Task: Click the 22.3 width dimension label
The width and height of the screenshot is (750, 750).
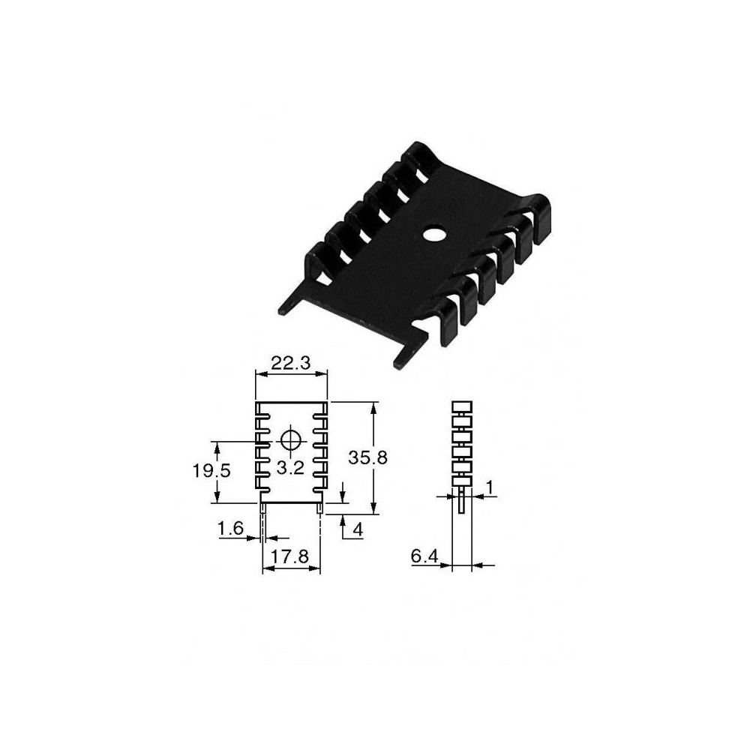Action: tap(291, 364)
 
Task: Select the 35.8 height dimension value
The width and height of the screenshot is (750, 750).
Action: tap(367, 457)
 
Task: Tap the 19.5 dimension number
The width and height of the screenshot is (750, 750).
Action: tap(211, 471)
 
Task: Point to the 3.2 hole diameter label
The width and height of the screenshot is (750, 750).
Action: tap(290, 467)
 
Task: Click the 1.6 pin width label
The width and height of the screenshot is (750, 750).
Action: tap(230, 529)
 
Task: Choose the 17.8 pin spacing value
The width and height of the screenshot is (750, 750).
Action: tap(290, 556)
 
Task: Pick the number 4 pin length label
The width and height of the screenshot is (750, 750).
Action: tap(358, 529)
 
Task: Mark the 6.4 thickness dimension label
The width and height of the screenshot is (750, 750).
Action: tap(424, 556)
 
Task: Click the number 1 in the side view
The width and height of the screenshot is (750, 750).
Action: tap(489, 487)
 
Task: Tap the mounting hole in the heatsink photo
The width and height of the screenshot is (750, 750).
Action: tap(434, 235)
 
